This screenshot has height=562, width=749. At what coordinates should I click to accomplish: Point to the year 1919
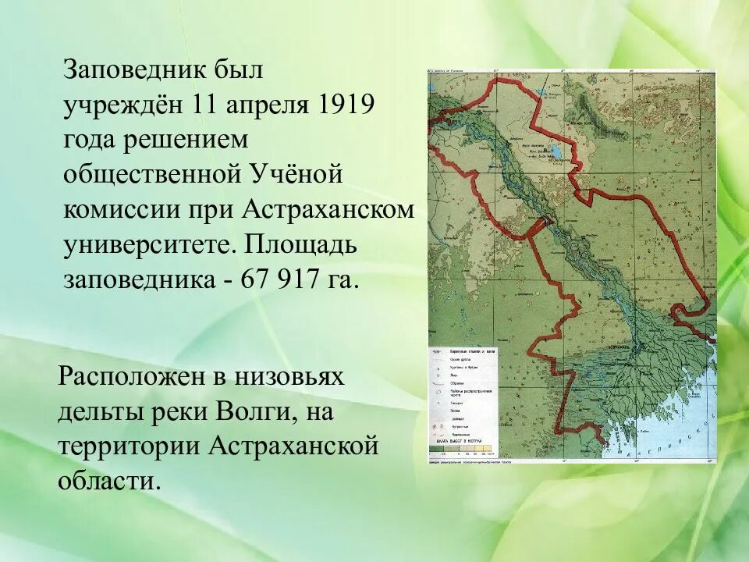coord(344,105)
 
